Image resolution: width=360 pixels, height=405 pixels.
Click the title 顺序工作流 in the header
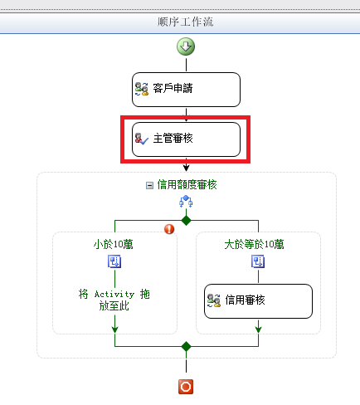tap(185, 22)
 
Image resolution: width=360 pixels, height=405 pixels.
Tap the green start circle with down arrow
tap(186, 46)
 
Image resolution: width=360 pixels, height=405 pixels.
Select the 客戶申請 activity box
tap(186, 90)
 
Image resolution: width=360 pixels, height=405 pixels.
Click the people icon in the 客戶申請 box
tap(142, 89)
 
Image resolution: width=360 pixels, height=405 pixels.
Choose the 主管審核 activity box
tap(186, 139)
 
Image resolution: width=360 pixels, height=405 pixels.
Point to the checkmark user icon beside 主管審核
tap(142, 139)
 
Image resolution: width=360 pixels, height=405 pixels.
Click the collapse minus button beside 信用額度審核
tap(149, 185)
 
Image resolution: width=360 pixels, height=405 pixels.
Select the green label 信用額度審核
tap(187, 185)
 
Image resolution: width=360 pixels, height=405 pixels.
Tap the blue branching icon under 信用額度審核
tap(186, 201)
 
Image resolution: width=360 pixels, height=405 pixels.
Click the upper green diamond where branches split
tap(186, 221)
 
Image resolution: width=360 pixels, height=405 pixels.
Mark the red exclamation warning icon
tap(169, 229)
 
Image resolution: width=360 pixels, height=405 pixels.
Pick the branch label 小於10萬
tap(114, 245)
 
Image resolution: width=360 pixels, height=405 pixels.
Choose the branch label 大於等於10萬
tap(254, 245)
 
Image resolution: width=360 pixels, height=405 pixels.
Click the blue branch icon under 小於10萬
tap(114, 261)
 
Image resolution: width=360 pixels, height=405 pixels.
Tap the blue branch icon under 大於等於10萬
tap(258, 261)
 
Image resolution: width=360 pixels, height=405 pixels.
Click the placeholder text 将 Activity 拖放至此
tap(114, 300)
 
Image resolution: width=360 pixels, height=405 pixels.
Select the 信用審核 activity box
tap(258, 301)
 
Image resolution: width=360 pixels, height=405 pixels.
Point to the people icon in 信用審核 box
tap(214, 300)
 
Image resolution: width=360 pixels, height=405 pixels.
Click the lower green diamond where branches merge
tap(186, 346)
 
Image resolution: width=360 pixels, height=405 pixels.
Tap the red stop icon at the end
tap(186, 387)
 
